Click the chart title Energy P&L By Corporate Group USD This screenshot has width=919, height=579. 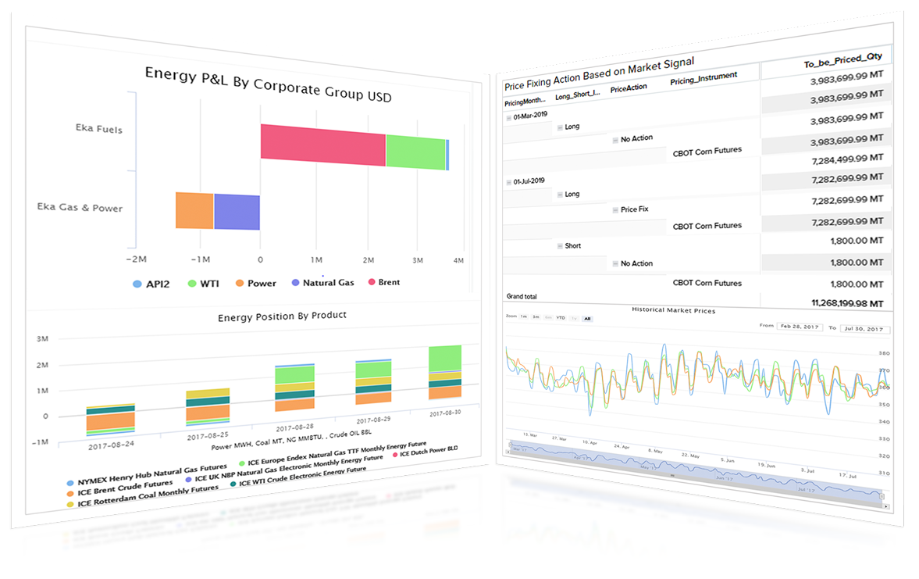click(x=268, y=84)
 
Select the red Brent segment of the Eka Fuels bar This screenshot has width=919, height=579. click(x=322, y=145)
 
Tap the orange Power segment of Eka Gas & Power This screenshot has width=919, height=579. click(x=194, y=211)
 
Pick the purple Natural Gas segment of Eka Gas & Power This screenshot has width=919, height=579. click(x=237, y=213)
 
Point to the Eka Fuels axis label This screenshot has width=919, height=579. click(x=99, y=129)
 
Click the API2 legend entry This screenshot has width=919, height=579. click(x=154, y=284)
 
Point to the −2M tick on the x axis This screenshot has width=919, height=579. click(x=137, y=258)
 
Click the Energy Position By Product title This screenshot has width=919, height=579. click(x=282, y=316)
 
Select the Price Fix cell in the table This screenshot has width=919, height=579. click(x=634, y=209)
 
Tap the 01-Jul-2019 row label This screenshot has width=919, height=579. click(x=529, y=180)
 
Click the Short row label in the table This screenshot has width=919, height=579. click(x=572, y=245)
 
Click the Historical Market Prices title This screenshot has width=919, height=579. click(x=673, y=310)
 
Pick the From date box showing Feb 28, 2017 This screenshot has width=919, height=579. click(x=800, y=327)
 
